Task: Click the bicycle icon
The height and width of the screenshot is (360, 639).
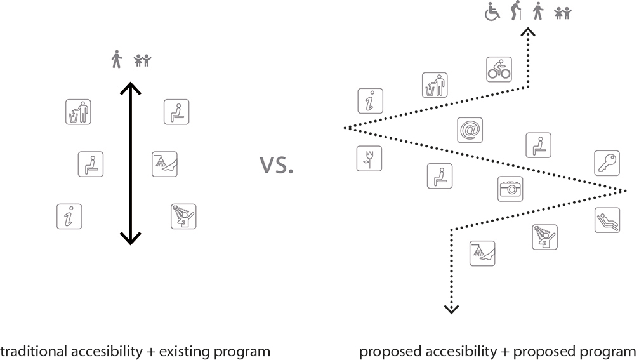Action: coord(499,69)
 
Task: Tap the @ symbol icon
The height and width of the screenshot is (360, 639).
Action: coord(470,130)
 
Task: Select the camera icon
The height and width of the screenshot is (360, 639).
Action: coord(510,189)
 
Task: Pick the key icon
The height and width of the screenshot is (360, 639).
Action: coord(606,163)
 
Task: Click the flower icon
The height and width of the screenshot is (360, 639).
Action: coord(369,159)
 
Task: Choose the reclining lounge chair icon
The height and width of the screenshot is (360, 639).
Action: coord(606,220)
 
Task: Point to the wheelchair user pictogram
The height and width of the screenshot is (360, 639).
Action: coord(492,13)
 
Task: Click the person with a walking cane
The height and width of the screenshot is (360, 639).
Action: coord(515,12)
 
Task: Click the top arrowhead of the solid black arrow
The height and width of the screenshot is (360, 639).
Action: coord(130,86)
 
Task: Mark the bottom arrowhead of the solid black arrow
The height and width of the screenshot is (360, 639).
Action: coord(130,239)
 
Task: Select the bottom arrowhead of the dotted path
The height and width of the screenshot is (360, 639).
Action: coord(451,309)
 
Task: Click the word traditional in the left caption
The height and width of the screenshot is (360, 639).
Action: coord(29,351)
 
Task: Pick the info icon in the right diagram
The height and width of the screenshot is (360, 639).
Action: coord(369,101)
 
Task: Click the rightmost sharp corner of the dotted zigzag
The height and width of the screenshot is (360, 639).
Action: coord(624,189)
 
